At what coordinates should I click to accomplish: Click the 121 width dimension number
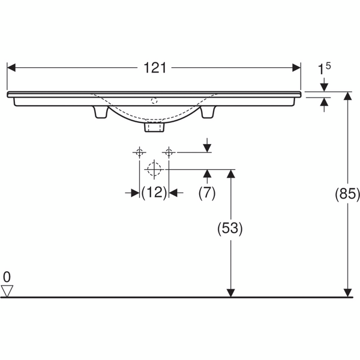point(155,68)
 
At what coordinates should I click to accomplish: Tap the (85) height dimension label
point(347,194)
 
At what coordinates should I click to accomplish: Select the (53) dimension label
point(230,228)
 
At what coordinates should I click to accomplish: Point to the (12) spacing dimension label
point(154,193)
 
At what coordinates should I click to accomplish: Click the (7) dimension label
point(207,193)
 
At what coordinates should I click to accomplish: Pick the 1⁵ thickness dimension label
point(324,68)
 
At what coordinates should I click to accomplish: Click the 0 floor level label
point(7,277)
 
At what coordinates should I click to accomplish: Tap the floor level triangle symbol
point(7,291)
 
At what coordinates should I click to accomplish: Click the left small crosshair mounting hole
point(139,152)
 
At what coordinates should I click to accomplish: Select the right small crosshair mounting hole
point(169,152)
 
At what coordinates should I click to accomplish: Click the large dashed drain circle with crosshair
point(154,169)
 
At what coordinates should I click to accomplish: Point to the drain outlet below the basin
point(154,127)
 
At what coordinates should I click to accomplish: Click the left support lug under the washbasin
point(100,112)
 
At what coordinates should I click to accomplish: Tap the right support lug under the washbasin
point(208,112)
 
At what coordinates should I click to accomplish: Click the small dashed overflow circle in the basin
point(154,101)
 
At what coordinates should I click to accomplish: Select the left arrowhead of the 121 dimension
point(11,68)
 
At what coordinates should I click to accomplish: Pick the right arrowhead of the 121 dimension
point(296,68)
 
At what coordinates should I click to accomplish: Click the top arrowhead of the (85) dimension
point(348,96)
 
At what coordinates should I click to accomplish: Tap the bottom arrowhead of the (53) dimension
point(231,293)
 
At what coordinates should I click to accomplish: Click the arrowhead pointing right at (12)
point(135,193)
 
